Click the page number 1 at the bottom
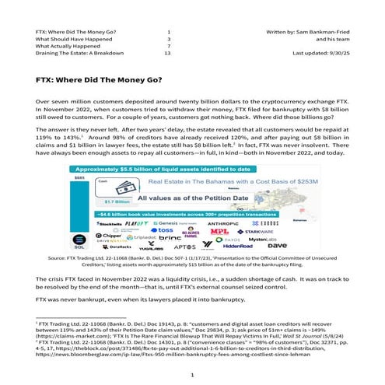[191, 374]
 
